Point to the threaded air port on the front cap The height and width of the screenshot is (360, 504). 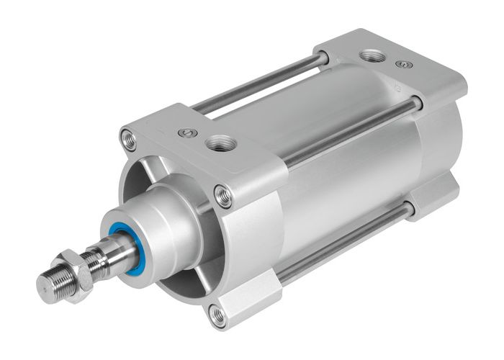[x=218, y=145]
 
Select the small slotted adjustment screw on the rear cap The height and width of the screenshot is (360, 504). [x=405, y=64]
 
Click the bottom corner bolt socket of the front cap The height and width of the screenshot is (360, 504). [x=217, y=313]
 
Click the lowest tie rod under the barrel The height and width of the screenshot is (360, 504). [x=338, y=245]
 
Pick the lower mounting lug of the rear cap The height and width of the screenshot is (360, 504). [x=432, y=198]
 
